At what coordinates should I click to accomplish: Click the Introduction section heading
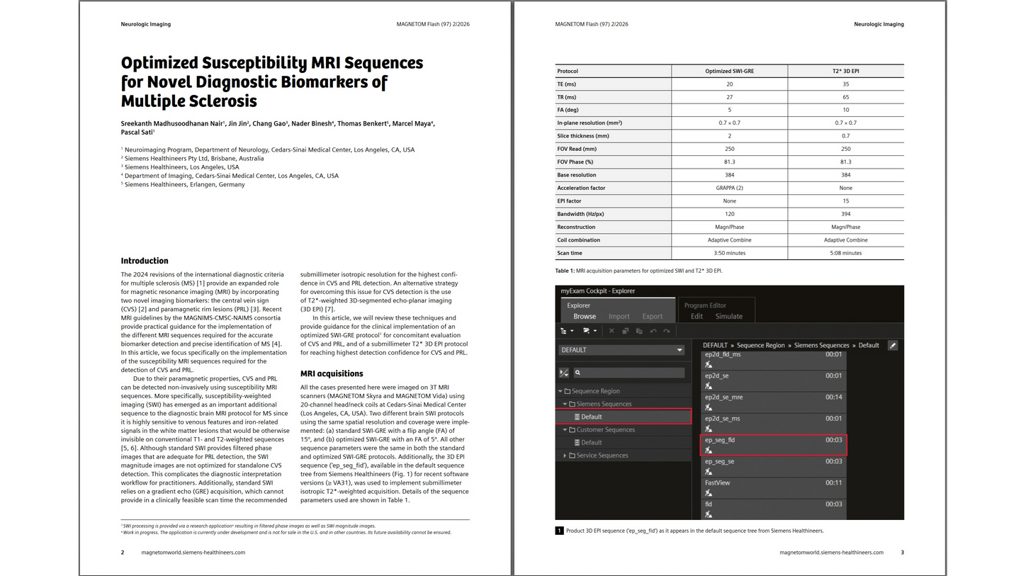pyautogui.click(x=145, y=261)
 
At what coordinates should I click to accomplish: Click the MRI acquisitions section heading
pyautogui.click(x=332, y=373)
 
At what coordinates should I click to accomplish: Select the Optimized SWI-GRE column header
pyautogui.click(x=729, y=71)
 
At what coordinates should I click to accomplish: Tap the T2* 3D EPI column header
pyautogui.click(x=845, y=71)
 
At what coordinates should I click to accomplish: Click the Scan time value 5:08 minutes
pyautogui.click(x=845, y=253)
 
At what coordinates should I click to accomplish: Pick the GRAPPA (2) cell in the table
pyautogui.click(x=729, y=188)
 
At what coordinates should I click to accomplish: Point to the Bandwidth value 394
pyautogui.click(x=845, y=214)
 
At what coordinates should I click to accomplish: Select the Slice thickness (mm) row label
pyautogui.click(x=583, y=136)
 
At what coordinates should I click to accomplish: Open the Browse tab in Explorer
pyautogui.click(x=585, y=316)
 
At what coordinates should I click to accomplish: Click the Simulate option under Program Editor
pyautogui.click(x=728, y=316)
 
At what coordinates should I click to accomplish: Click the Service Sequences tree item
pyautogui.click(x=602, y=456)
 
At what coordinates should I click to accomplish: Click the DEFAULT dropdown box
pyautogui.click(x=621, y=350)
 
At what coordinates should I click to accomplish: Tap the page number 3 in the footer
pyautogui.click(x=902, y=553)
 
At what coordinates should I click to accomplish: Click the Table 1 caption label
pyautogui.click(x=565, y=271)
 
